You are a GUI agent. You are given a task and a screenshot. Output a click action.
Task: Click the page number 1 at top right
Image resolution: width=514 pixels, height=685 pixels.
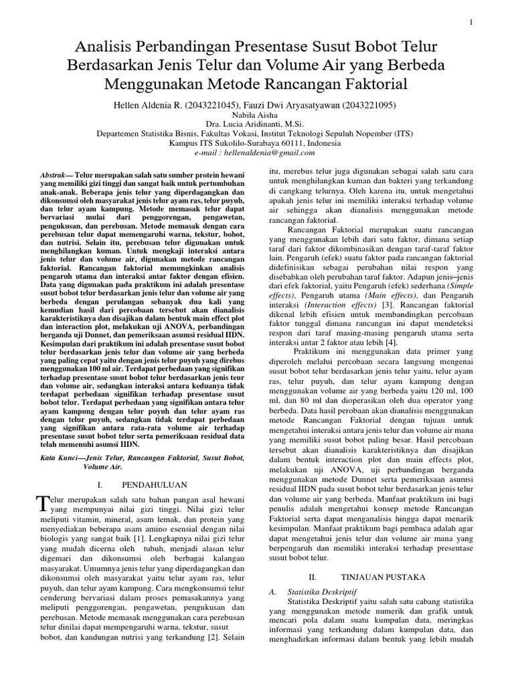[473, 23]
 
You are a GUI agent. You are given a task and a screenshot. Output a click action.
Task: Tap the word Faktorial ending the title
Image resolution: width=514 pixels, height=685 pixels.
[372, 84]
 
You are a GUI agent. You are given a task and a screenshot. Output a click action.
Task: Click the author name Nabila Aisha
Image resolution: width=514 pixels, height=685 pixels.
[257, 116]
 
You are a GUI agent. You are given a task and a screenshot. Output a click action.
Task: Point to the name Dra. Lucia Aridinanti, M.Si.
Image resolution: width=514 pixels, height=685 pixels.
[257, 124]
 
